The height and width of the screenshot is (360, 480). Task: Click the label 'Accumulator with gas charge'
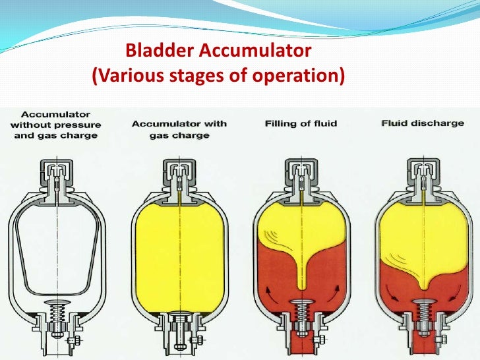pyautogui.click(x=179, y=129)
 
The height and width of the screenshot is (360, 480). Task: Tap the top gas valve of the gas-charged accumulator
pyautogui.click(x=179, y=172)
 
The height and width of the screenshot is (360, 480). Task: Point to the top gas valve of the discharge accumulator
pyautogui.click(x=421, y=172)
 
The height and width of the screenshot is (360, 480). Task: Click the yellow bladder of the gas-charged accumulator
pyautogui.click(x=179, y=251)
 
